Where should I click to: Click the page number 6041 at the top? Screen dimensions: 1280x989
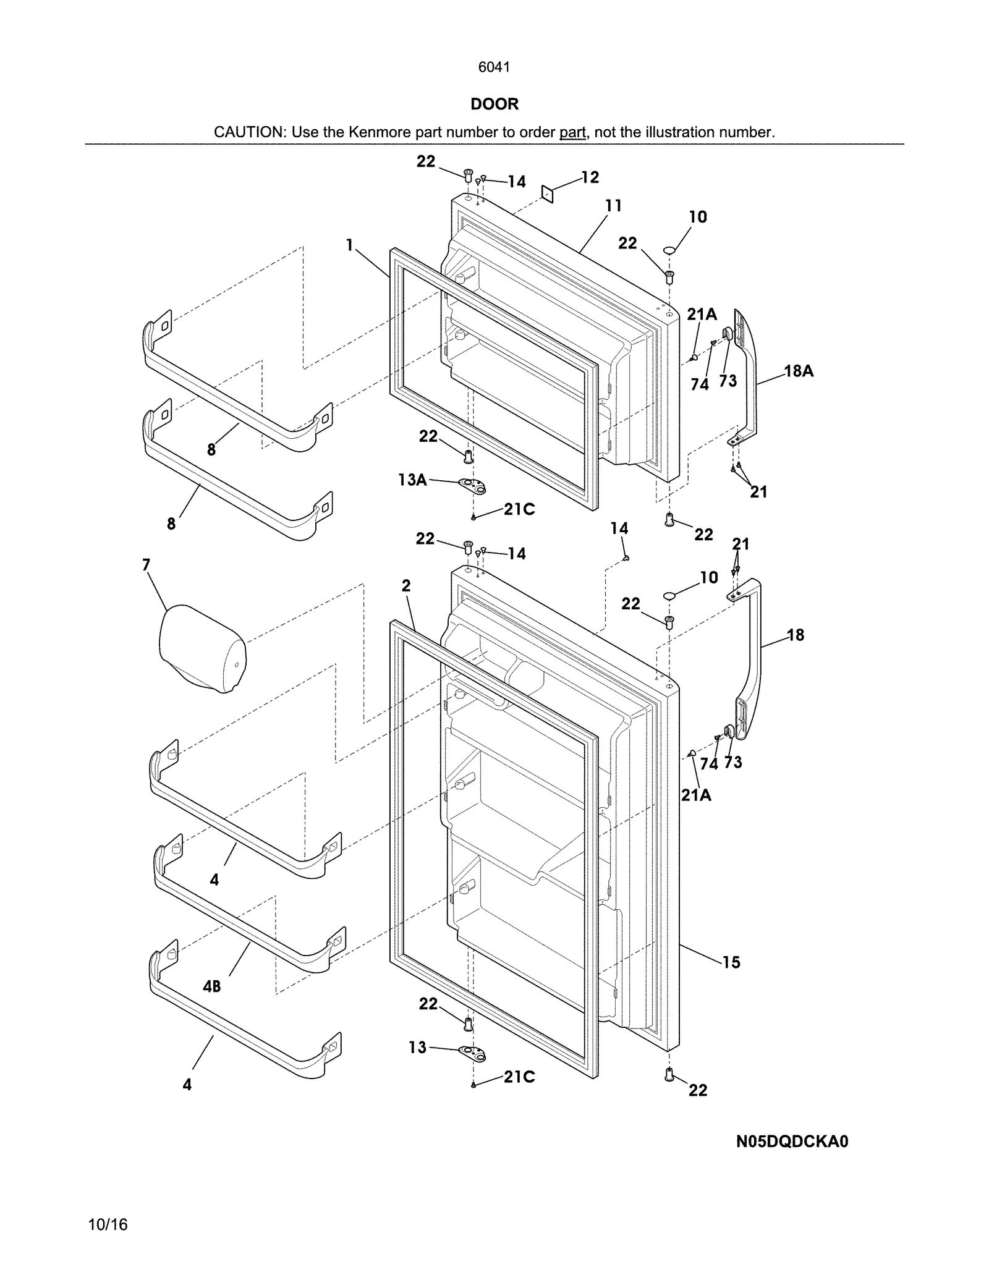click(x=494, y=67)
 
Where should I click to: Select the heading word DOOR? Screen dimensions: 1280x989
click(x=494, y=104)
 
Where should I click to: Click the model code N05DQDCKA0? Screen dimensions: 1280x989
click(x=792, y=1142)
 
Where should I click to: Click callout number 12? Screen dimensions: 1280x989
click(x=590, y=177)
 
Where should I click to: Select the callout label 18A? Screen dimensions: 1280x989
click(x=799, y=371)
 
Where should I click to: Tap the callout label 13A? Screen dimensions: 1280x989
click(x=412, y=479)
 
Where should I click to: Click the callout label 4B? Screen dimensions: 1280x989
click(x=212, y=986)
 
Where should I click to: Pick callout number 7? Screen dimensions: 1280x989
click(x=146, y=564)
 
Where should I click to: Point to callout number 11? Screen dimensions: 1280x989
click(x=613, y=205)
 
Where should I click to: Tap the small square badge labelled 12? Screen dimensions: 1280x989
click(x=547, y=193)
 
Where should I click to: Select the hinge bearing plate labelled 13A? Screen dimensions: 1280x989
click(x=473, y=486)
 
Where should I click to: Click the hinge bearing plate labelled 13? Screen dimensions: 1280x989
click(x=473, y=1053)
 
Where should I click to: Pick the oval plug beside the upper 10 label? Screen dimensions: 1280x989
click(x=670, y=250)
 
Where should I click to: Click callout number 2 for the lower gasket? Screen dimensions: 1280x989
click(x=406, y=585)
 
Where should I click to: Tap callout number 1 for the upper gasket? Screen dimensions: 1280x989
click(x=349, y=245)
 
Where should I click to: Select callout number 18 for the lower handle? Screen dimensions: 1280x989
click(x=796, y=635)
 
